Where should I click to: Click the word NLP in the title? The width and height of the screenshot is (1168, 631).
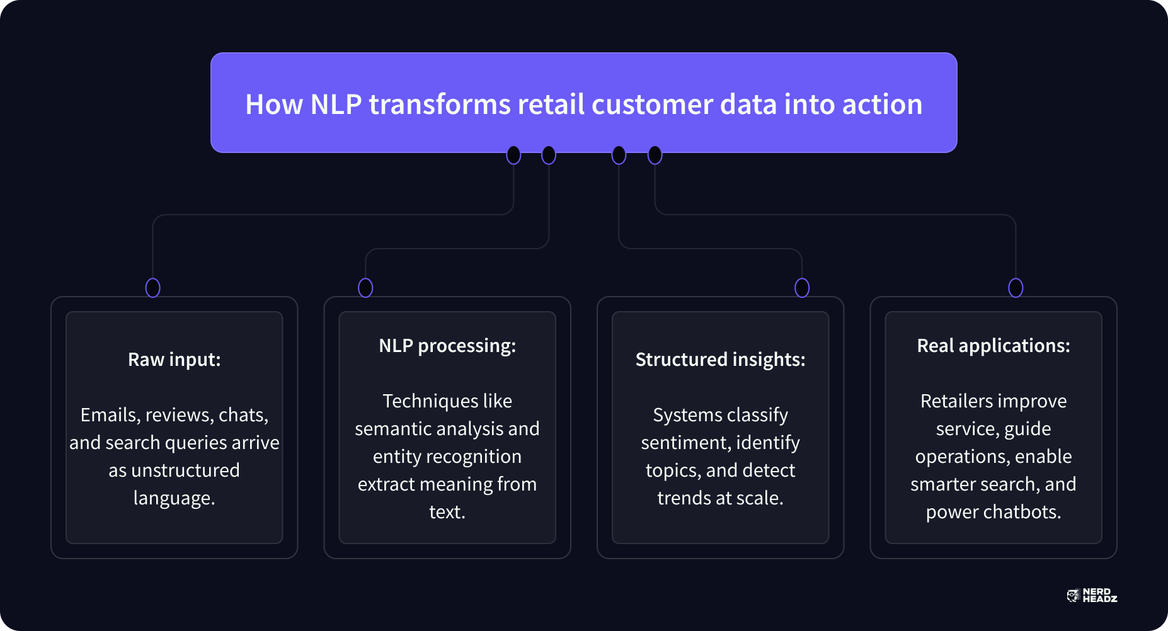coord(336,105)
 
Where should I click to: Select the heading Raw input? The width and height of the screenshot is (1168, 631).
coord(175,360)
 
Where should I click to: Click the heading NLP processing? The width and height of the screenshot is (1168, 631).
coord(447,346)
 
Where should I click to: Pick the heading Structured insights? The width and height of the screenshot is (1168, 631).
coord(720,360)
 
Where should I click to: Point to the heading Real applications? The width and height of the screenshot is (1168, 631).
coord(993,346)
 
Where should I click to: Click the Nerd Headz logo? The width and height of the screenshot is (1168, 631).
coord(1092,596)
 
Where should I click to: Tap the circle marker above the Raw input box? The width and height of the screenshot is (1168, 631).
coord(152,288)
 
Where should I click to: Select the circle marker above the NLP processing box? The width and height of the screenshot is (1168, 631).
coord(365,288)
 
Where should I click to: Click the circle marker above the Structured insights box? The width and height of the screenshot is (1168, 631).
coord(802,288)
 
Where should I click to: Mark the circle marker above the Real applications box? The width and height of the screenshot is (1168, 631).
coord(1016,288)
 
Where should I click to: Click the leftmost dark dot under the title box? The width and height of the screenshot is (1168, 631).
coord(514,155)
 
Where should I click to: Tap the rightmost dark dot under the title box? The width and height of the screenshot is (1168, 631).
coord(655,155)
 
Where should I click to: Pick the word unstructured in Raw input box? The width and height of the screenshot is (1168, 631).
coord(185,470)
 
